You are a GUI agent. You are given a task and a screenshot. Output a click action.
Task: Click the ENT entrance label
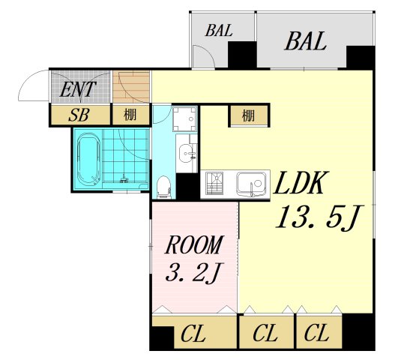point(77,89)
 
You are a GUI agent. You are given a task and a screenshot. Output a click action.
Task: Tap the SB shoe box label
point(79,115)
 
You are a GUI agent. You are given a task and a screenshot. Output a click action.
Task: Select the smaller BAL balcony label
point(219,30)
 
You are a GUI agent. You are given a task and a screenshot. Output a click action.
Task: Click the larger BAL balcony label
point(305,41)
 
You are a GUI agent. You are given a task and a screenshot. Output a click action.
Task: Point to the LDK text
point(300,183)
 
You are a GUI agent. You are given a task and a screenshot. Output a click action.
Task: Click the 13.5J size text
point(320,218)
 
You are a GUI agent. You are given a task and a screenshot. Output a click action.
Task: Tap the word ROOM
point(194,244)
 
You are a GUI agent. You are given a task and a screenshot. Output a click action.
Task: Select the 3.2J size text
point(192,272)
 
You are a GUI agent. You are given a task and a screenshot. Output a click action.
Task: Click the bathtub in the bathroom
point(88,160)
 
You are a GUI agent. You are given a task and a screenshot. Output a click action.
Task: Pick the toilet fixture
point(163,187)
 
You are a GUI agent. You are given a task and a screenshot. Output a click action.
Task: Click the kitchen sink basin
point(251,184)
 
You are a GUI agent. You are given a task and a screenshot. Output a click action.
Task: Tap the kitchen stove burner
point(214,183)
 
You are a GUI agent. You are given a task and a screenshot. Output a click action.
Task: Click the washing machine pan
point(185,119)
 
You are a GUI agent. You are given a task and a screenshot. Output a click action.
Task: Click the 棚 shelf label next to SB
point(130,115)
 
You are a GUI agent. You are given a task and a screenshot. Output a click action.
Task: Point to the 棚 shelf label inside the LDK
point(248,115)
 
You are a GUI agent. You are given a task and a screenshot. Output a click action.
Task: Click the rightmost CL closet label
point(316,333)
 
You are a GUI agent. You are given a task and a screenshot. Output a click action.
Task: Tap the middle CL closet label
point(265,334)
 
